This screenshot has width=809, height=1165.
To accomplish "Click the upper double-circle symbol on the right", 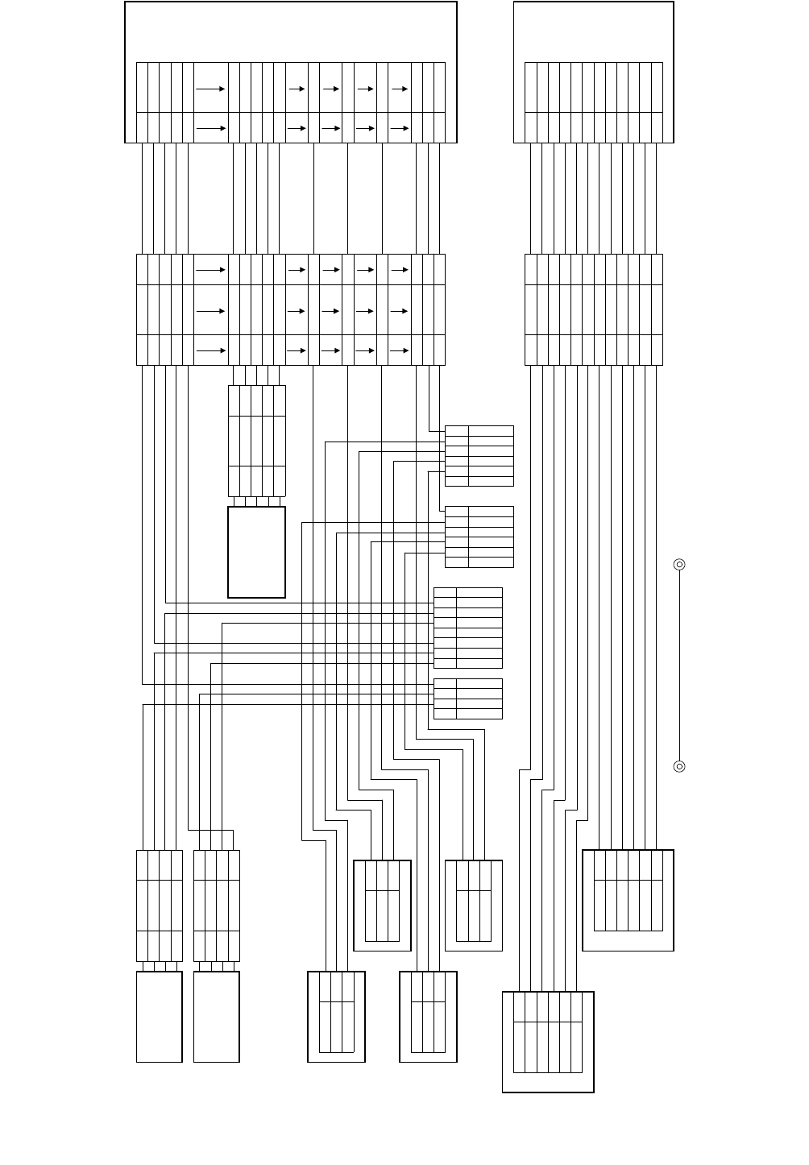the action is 679,565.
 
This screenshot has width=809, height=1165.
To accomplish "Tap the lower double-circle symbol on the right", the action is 679,766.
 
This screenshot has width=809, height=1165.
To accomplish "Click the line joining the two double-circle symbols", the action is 679,665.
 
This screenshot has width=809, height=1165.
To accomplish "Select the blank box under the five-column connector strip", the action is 257,552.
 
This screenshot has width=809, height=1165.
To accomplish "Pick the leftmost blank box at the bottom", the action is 160,1017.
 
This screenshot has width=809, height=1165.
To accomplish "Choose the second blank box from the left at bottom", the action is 217,1017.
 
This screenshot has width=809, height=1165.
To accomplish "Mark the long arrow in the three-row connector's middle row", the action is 210,309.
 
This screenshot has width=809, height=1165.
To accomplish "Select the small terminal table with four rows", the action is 468,699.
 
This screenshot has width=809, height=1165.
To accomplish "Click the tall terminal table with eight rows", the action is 468,628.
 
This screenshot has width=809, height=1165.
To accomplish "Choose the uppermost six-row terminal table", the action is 479,456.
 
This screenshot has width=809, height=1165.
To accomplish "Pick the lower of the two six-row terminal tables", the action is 479,537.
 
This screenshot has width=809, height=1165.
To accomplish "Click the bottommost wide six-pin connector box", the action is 548,1042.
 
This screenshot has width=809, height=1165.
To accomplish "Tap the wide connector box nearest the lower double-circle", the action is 628,900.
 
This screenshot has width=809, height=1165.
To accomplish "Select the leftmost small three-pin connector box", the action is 337,1017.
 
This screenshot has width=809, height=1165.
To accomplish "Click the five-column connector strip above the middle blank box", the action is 257,441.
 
